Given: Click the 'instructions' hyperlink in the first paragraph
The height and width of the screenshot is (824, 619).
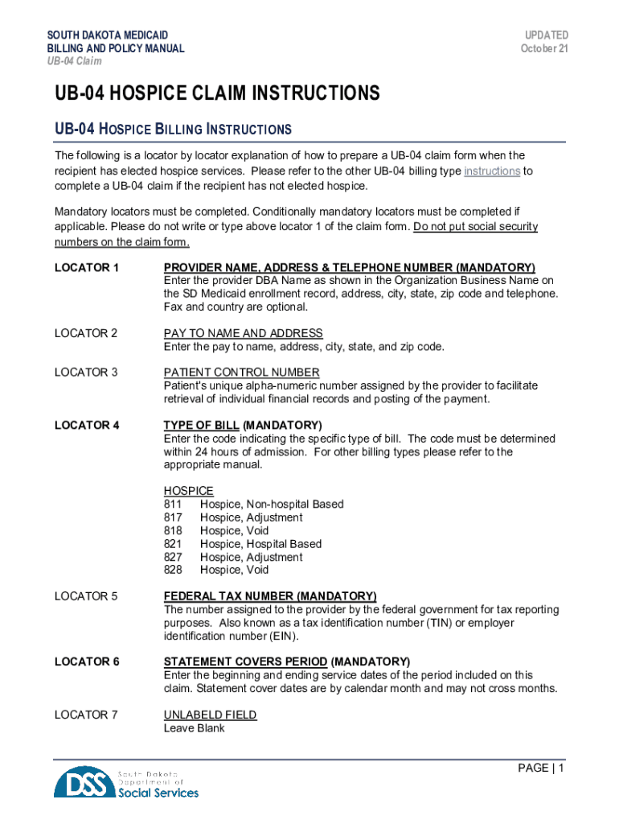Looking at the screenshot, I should coord(492,171).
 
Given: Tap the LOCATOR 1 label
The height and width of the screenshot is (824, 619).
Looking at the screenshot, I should coord(87,267).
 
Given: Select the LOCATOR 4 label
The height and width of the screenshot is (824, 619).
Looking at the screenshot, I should coord(87,425).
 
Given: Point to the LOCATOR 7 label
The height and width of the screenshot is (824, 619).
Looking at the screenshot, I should coord(86,715).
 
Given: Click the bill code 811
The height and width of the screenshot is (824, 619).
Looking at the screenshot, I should coord(173,505).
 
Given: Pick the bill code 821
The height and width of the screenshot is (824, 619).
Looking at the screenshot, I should coord(173,544).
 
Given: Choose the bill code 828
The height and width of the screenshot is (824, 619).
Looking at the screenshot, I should coord(173,570).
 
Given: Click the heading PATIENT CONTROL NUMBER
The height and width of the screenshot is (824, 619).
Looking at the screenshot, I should coord(241,372).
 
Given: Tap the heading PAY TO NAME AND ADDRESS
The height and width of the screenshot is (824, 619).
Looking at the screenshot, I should coord(243,333).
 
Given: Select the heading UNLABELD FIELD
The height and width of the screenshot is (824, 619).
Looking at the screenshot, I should coord(210,715).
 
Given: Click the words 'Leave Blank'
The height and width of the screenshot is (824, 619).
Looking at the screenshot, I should coord(194,728).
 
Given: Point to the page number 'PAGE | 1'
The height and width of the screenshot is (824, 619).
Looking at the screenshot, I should coord(541,768).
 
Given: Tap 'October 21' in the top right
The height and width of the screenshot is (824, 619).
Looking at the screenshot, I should coord(544,48).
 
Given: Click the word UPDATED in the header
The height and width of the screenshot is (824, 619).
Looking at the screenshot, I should coord(547,35).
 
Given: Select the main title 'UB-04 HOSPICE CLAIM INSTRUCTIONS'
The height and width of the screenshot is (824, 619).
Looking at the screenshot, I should coord(216,94).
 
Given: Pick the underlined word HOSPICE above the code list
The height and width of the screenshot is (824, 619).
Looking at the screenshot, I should coord(188,491).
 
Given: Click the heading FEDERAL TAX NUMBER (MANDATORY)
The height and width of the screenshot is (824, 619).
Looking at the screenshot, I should coord(270,596).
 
